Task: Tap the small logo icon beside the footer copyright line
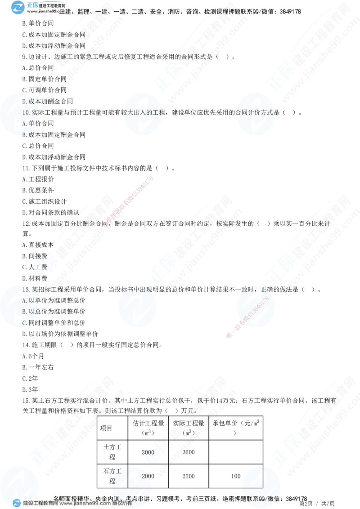(17, 503)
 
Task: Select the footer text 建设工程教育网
(40, 504)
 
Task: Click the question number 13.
(26, 290)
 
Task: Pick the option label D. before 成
(25, 102)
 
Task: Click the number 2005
(148, 452)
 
